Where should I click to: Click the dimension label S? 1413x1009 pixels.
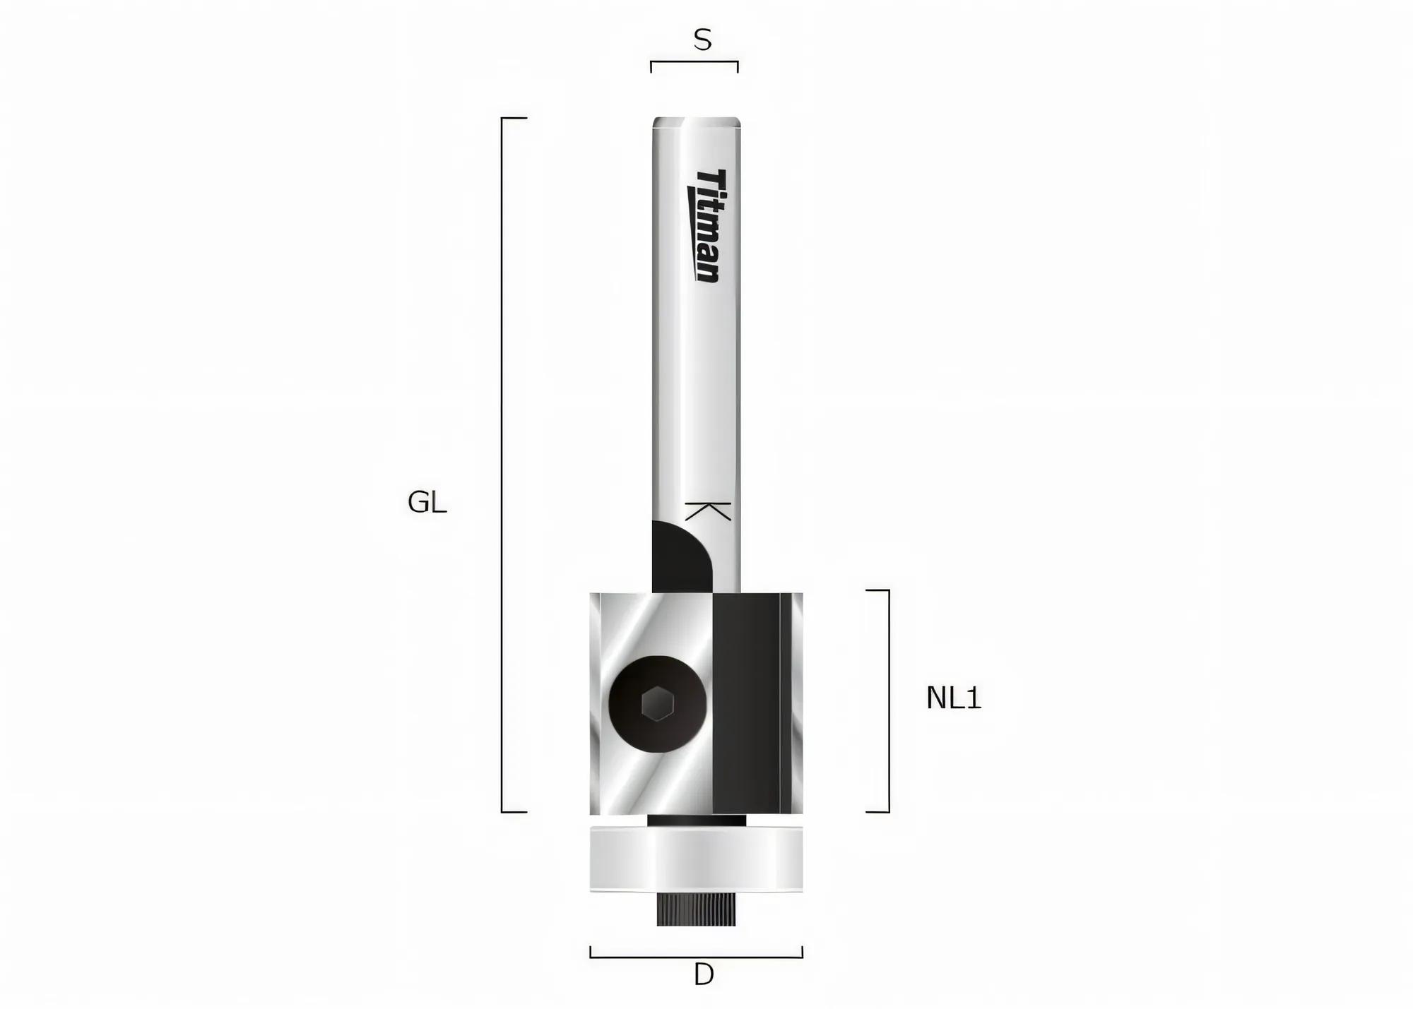pos(702,40)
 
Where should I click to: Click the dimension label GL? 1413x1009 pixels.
pos(427,503)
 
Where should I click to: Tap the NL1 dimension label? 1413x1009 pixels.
pos(953,698)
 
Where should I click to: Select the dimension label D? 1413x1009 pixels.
pos(704,976)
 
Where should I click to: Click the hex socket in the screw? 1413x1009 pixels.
pos(658,704)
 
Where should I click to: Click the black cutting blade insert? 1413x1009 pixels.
pos(746,703)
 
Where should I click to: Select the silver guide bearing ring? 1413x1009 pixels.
pos(696,859)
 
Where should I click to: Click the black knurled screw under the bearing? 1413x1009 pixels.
pos(696,911)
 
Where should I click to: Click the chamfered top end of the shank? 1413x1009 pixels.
pos(696,123)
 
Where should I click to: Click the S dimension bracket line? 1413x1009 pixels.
pos(694,62)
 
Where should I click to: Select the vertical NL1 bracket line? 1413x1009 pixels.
pos(888,700)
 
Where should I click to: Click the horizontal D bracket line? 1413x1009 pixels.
pos(696,957)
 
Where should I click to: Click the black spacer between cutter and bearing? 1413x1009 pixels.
pos(696,820)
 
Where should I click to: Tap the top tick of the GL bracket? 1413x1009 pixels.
pos(515,118)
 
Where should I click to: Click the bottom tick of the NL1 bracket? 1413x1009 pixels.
pos(877,812)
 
